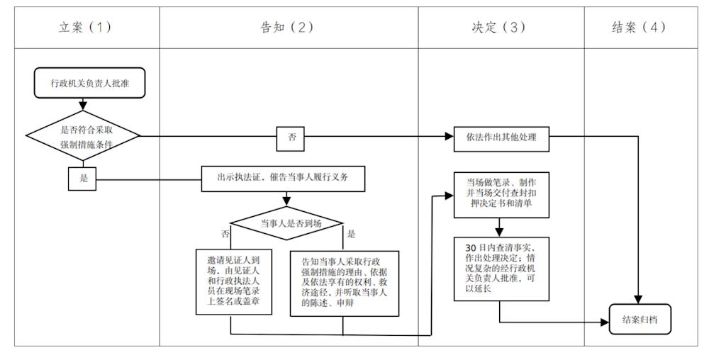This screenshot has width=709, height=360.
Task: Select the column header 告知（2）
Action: pyautogui.click(x=287, y=28)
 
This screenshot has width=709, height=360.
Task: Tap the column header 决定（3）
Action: pyautogui.click(x=499, y=28)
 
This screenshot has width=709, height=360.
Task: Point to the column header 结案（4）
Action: pyautogui.click(x=639, y=28)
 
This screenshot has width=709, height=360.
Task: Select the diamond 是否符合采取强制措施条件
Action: pyautogui.click(x=83, y=135)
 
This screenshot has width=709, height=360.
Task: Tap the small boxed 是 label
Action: pyautogui.click(x=83, y=178)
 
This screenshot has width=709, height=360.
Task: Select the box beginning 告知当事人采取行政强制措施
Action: pyautogui.click(x=344, y=283)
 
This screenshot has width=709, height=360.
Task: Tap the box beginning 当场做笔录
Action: pyautogui.click(x=502, y=193)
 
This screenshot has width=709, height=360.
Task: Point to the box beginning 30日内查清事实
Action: pyautogui.click(x=502, y=269)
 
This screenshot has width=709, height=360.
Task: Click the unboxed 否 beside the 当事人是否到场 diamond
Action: pyautogui.click(x=225, y=233)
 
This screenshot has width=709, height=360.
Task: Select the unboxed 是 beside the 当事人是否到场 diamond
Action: pyautogui.click(x=351, y=233)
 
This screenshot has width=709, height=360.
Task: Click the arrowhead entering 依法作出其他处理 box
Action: pyautogui.click(x=450, y=137)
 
